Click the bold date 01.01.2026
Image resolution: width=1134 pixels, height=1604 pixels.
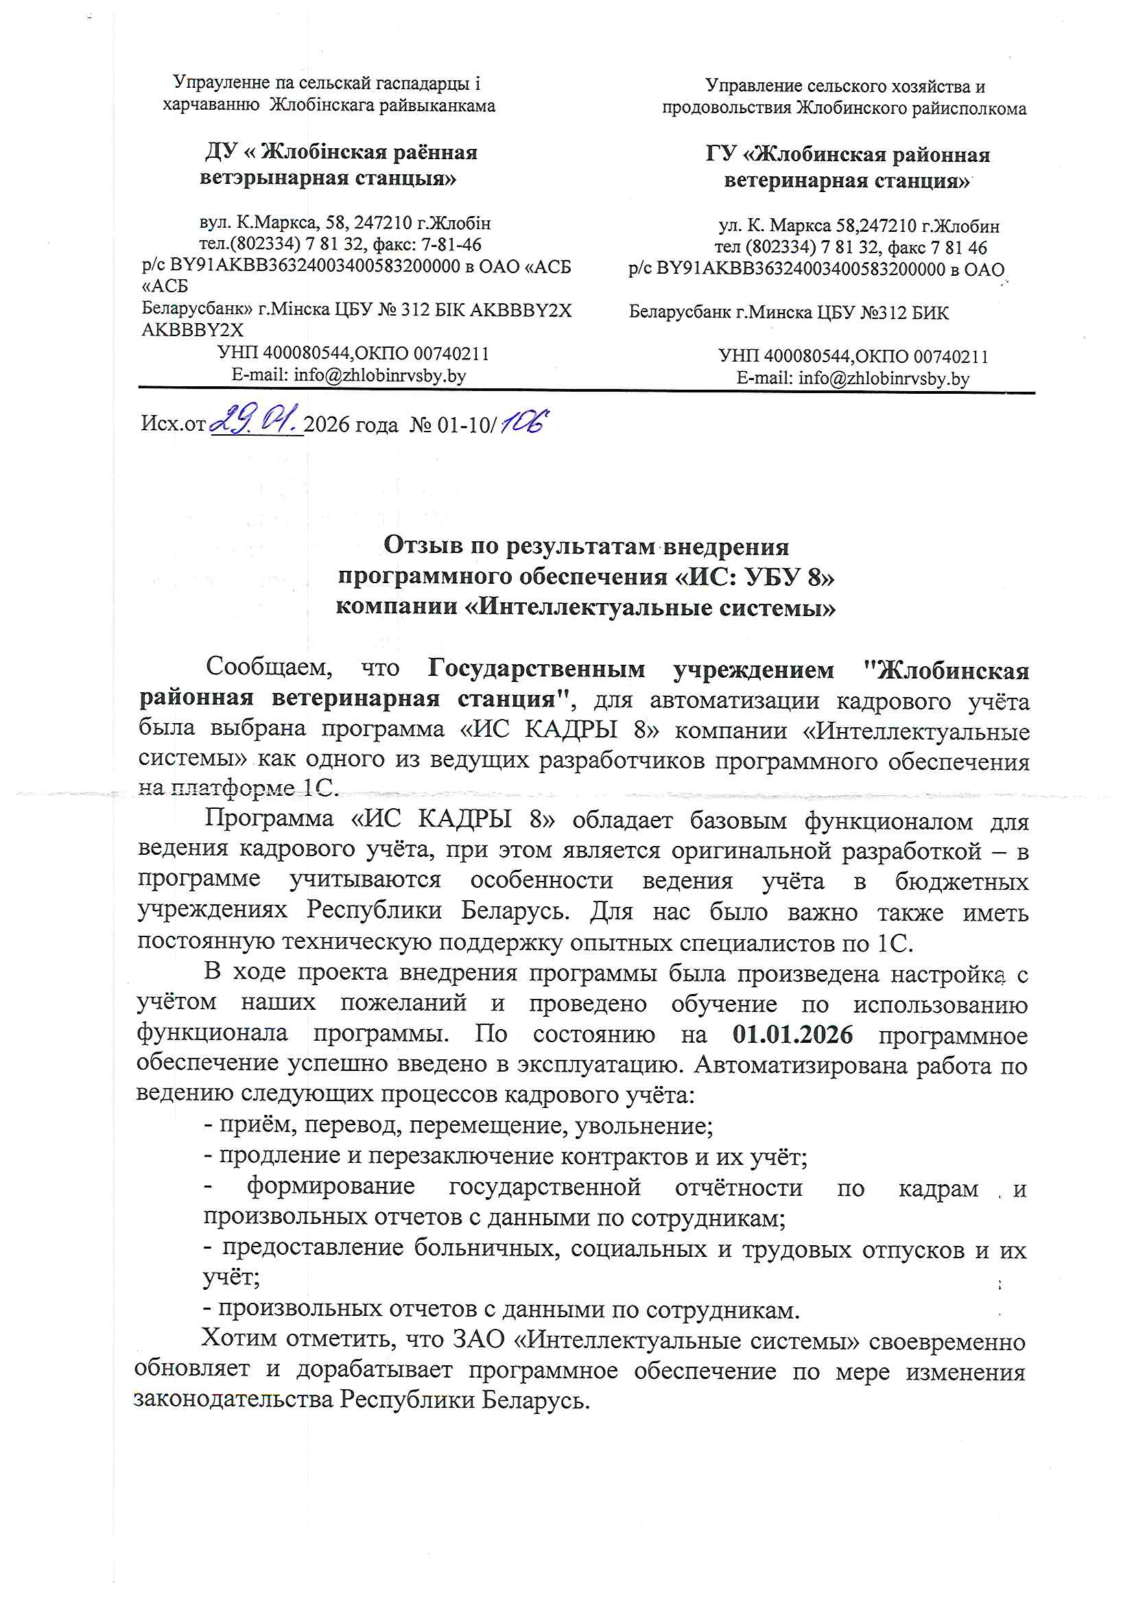[792, 1034]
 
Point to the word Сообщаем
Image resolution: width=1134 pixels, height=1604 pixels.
[269, 667]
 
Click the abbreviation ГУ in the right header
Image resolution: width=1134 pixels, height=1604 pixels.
[720, 154]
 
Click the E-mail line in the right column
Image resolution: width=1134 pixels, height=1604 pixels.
[853, 379]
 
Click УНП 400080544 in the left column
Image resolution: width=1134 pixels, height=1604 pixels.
[284, 353]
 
